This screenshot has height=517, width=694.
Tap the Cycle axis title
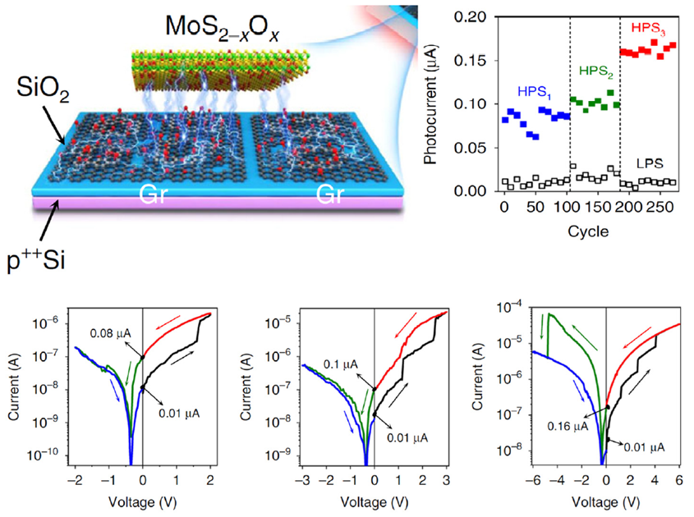pos(587,231)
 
